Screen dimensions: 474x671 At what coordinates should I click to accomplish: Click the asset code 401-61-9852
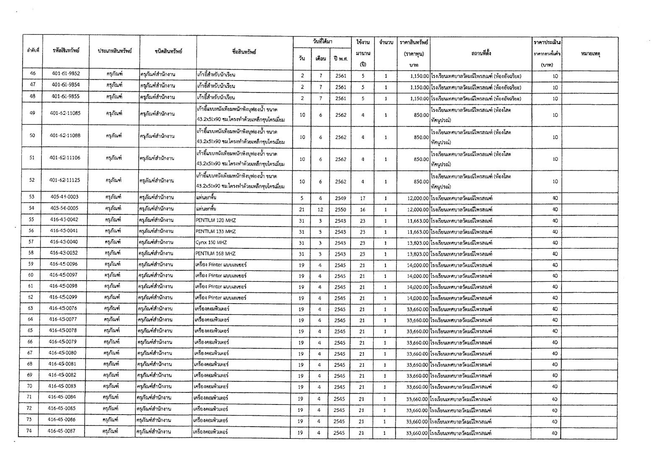(x=66, y=74)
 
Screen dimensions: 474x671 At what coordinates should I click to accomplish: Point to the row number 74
(x=29, y=431)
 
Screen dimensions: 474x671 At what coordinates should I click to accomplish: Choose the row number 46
(x=33, y=74)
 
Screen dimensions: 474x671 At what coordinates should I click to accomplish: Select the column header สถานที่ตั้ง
(x=481, y=53)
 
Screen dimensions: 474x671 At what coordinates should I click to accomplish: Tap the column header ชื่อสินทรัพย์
(x=244, y=52)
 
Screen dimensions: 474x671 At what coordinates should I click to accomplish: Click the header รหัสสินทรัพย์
(x=66, y=51)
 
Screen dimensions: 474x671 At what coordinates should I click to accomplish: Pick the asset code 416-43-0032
(x=63, y=253)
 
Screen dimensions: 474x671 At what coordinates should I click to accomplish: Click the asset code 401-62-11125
(x=65, y=180)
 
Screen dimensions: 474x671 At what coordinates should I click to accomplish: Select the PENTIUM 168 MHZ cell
(x=216, y=253)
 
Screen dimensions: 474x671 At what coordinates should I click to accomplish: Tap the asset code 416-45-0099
(x=63, y=297)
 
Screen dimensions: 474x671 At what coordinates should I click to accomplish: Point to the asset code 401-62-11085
(x=65, y=113)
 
